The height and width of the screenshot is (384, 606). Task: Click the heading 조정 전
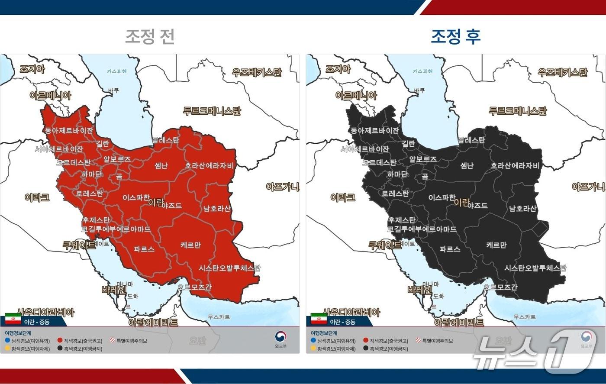tap(150, 36)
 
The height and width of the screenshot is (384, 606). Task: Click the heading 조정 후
tap(455, 36)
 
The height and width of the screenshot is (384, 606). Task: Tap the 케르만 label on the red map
tap(190, 245)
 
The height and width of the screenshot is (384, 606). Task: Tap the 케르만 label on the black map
tap(496, 245)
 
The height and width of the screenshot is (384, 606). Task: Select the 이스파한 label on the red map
tap(136, 197)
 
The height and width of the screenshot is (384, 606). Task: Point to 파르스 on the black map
tap(449, 249)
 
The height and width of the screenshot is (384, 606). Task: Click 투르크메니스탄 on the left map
tap(212, 111)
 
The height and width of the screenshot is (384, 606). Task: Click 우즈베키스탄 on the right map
tap(563, 72)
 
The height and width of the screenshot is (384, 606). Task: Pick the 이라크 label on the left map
tap(37, 197)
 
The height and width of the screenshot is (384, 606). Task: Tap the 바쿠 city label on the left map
tap(113, 90)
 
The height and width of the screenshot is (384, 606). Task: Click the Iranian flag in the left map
tap(13, 319)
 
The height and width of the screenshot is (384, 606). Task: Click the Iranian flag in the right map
tap(319, 319)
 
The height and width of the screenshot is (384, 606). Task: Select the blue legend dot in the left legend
tap(7, 341)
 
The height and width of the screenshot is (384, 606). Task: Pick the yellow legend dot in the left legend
tap(7, 349)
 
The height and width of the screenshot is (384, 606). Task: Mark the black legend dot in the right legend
tap(366, 349)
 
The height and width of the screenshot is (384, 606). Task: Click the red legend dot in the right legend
tap(366, 341)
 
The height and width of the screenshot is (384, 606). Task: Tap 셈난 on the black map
tap(467, 165)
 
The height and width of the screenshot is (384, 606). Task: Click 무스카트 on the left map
tap(219, 317)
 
